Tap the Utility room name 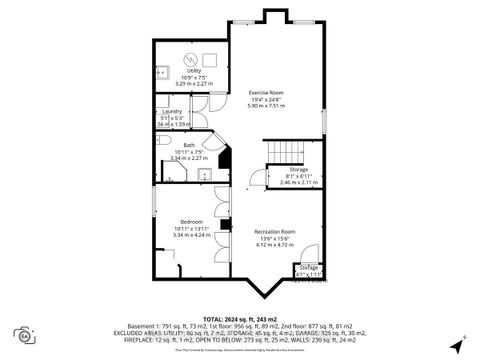pyautogui.click(x=194, y=70)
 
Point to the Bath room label pyautogui.click(x=189, y=144)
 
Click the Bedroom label pyautogui.click(x=191, y=221)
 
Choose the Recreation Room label pyautogui.click(x=273, y=231)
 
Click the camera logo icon pyautogui.click(x=22, y=333)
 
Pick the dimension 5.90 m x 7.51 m pyautogui.click(x=267, y=105)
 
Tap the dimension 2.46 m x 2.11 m pyautogui.click(x=299, y=183)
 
